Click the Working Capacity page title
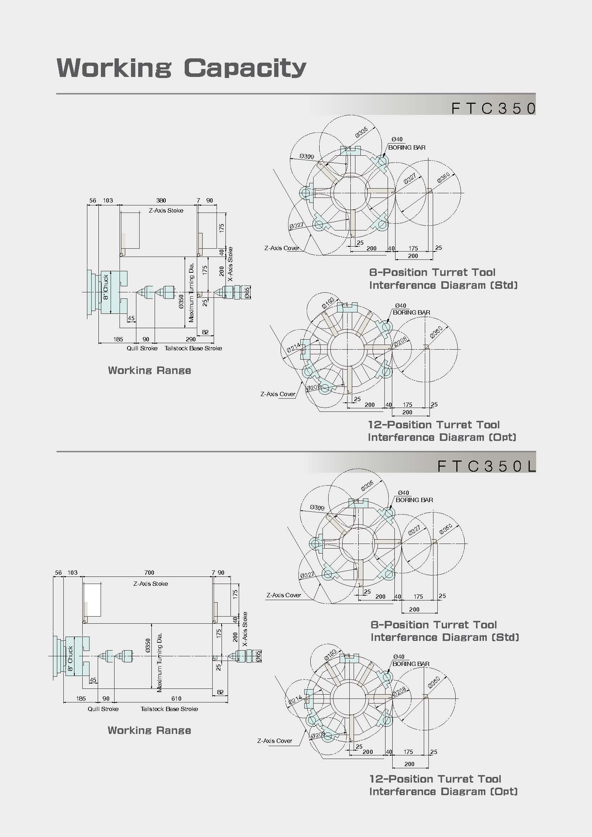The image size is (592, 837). point(181,68)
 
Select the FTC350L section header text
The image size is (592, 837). point(487,466)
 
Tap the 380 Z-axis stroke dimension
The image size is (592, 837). point(161,200)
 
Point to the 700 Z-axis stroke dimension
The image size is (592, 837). point(149,572)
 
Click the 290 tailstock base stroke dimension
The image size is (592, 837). point(191,339)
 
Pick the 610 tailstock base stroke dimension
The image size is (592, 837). point(176,699)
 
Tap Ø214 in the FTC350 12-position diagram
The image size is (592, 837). point(294,347)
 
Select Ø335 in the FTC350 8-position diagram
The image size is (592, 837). point(361,132)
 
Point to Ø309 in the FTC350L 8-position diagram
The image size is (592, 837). point(317,507)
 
